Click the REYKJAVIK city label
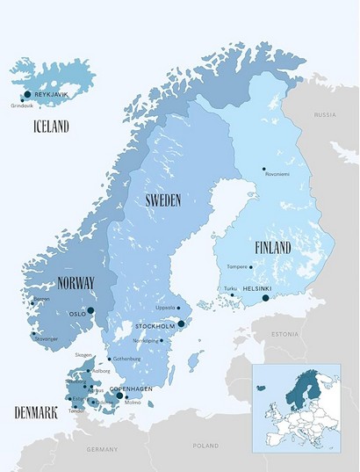52,94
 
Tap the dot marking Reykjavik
28,94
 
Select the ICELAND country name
51,126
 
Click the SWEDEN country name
163,200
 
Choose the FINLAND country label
272,248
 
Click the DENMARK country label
35,412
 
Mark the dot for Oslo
90,310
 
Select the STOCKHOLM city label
155,327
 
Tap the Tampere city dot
251,267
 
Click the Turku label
230,288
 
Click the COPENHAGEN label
132,388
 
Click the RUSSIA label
326,115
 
